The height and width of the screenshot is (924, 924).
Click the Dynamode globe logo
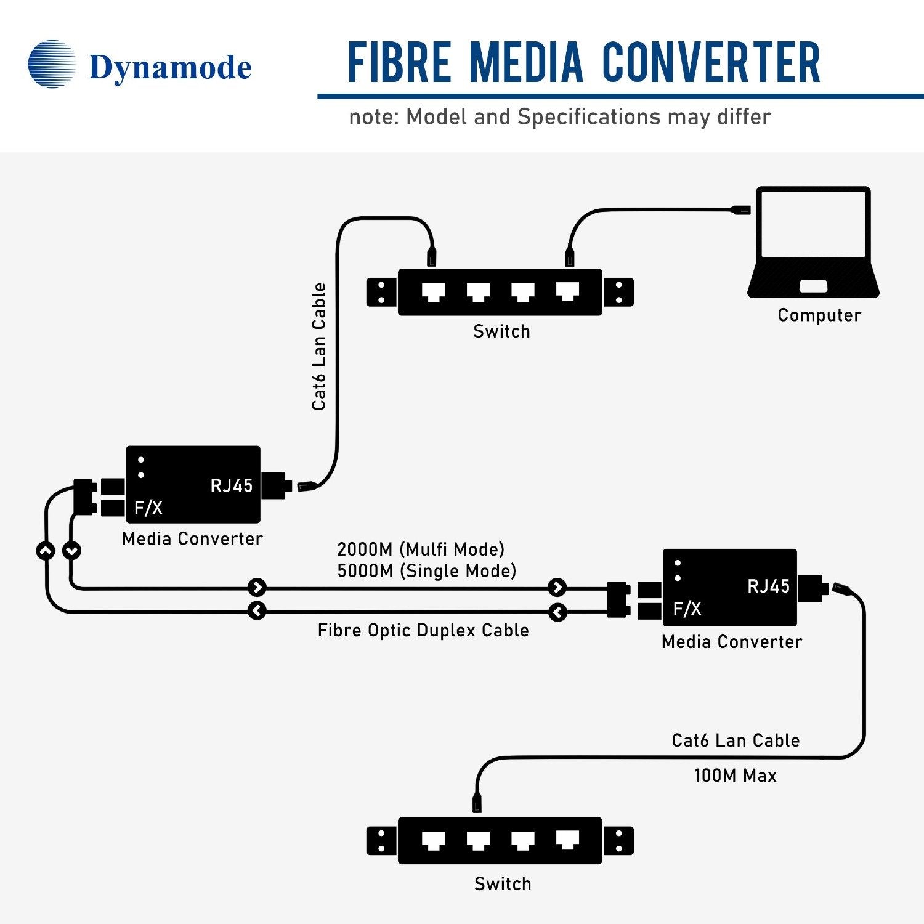coord(52,64)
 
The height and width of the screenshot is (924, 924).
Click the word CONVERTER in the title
coord(711,63)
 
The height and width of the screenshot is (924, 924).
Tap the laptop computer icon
coord(813,243)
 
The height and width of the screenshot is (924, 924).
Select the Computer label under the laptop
coord(819,315)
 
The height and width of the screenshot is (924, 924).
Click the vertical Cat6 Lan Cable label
coord(318,347)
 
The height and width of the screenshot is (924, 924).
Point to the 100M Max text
coord(735,776)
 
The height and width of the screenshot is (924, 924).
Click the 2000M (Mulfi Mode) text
coord(421,549)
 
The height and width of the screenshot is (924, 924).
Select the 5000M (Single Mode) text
coord(426,571)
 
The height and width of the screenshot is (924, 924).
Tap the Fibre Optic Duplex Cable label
coord(423,630)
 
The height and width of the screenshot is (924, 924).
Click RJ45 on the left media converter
coord(232,486)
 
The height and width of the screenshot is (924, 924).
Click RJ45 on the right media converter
coord(768,586)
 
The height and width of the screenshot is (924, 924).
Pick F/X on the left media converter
coord(148,508)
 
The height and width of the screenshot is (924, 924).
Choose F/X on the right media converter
coord(687,609)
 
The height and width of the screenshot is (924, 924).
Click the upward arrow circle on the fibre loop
coord(46,550)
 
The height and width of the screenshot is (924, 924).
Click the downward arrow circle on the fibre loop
coord(72,550)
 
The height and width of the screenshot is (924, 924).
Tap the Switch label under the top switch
coord(501,331)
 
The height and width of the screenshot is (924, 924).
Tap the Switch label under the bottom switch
coord(503,884)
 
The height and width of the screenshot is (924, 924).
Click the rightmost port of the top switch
coord(567,291)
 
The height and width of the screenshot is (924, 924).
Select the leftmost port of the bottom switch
coord(434,840)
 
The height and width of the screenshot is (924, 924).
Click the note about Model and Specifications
coord(559,117)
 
